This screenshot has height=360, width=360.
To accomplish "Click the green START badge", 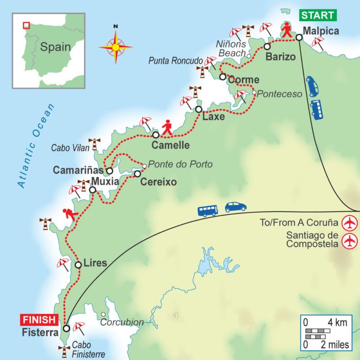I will (318, 15).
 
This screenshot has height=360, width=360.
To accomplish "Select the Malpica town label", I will (320, 31).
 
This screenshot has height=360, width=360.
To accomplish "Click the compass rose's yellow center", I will (116, 46).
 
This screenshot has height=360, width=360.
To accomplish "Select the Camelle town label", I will (171, 145).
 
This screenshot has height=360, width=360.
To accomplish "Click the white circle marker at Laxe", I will (199, 109).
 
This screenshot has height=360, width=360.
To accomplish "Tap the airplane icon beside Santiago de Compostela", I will (349, 241).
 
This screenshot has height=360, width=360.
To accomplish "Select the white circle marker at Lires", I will (78, 265).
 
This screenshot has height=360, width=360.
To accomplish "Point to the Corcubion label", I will (121, 322).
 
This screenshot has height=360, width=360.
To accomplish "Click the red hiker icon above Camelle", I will (167, 127).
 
